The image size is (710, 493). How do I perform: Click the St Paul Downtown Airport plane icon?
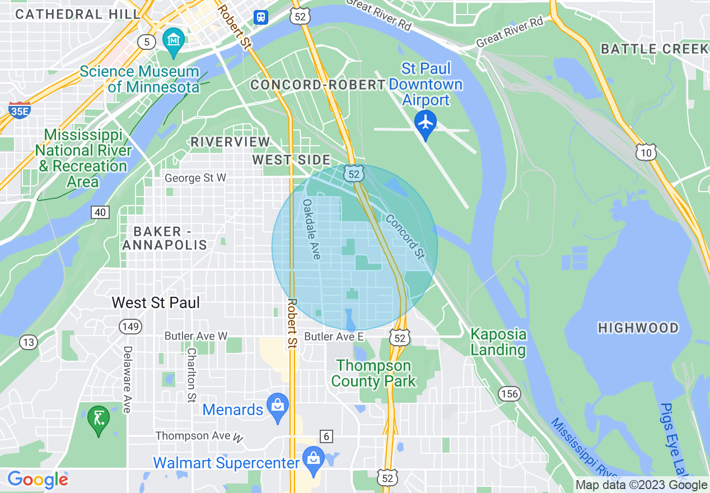click(426, 122)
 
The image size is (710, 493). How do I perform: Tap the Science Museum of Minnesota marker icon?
click(174, 40)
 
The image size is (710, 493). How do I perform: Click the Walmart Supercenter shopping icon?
click(313, 458)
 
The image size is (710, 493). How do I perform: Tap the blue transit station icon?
click(261, 17)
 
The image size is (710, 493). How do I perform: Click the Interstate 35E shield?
click(20, 111)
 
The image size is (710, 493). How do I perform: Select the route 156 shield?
click(510, 394)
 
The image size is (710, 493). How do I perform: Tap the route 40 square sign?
click(100, 212)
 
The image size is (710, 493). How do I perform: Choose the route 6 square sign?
click(325, 435)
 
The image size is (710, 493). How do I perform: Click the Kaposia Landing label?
click(498, 342)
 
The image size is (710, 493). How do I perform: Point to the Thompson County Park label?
click(373, 374)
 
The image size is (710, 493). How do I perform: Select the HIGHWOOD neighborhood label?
click(638, 328)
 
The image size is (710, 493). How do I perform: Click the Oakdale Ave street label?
click(311, 229)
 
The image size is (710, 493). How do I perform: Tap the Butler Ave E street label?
click(334, 337)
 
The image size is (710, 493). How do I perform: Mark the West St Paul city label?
click(156, 303)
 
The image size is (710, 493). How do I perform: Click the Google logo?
click(38, 480)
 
